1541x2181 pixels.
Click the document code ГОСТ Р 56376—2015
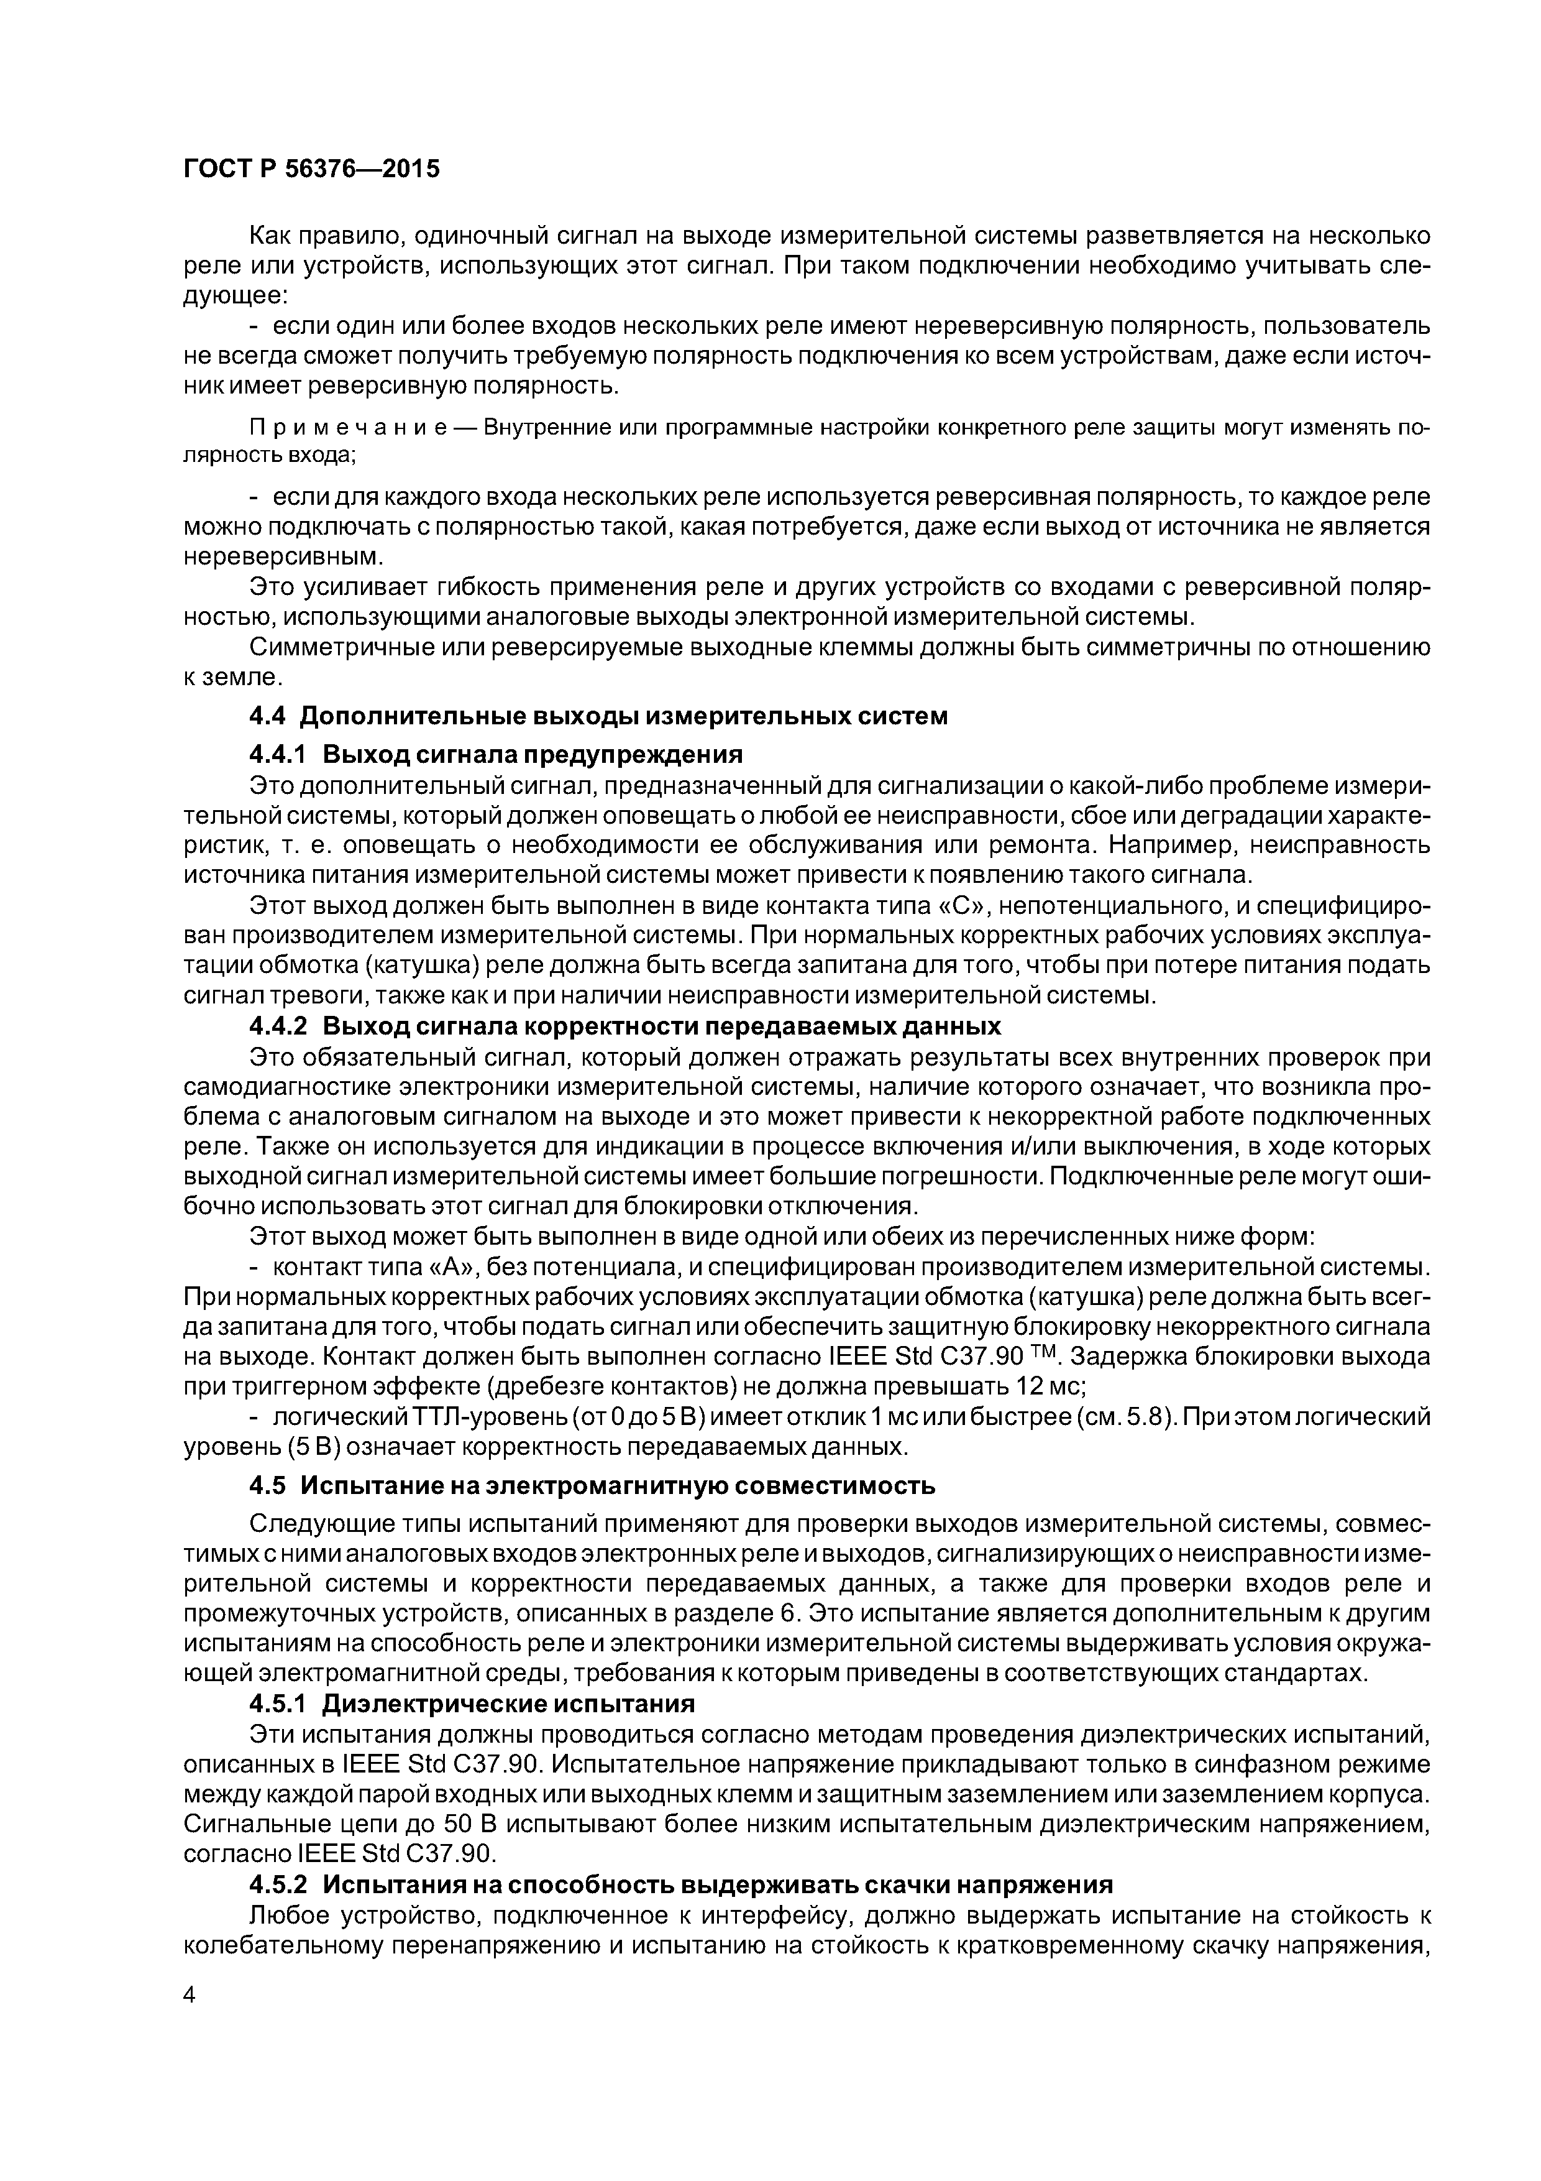(311, 169)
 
